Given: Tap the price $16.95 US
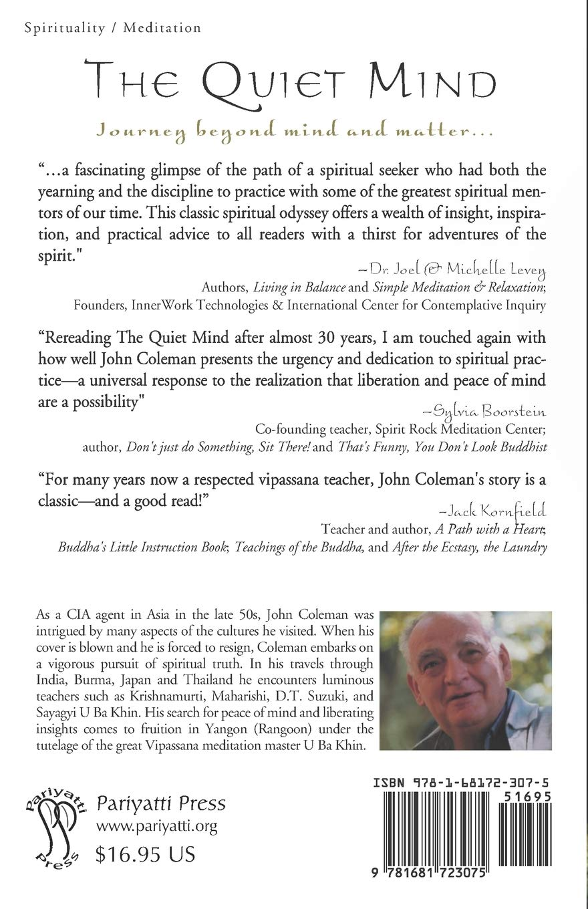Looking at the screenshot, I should click(146, 854).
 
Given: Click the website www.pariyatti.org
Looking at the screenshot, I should click(157, 827).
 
